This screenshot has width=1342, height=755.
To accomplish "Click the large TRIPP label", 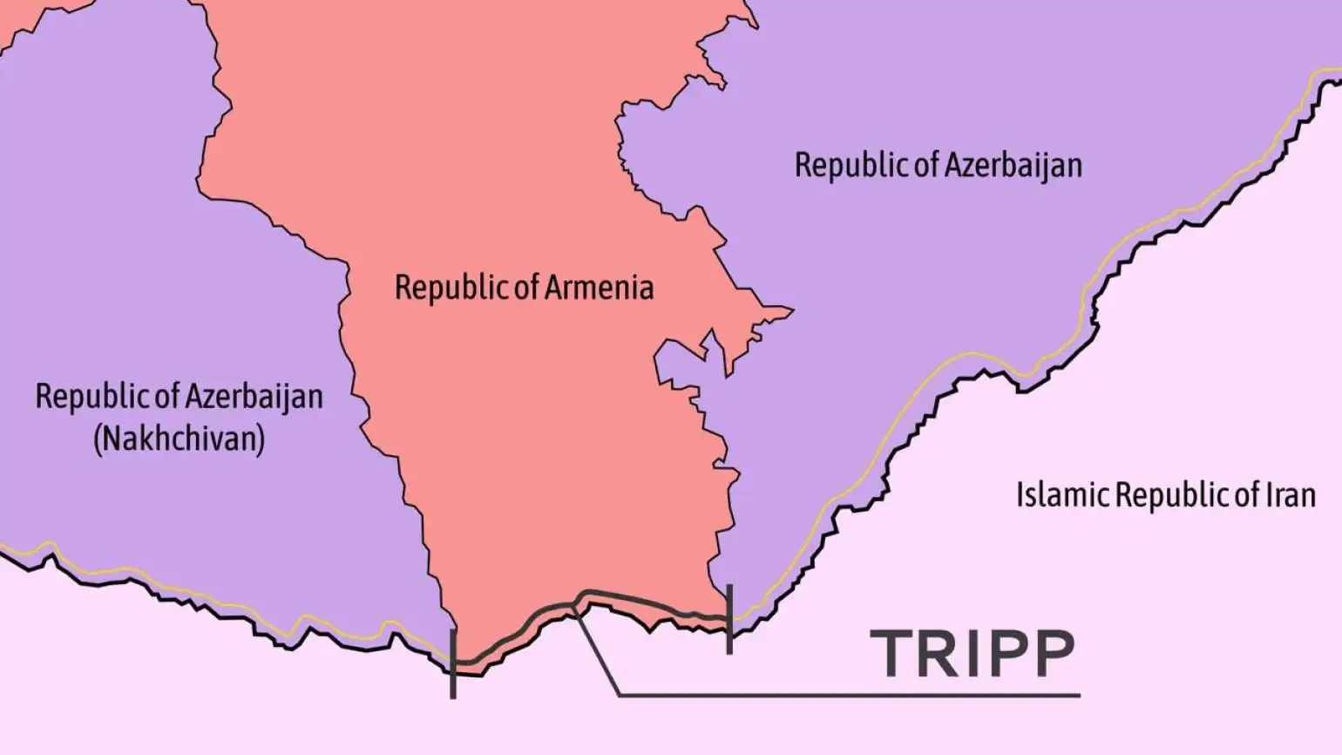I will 972,653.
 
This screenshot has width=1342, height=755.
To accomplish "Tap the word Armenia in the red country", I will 600,288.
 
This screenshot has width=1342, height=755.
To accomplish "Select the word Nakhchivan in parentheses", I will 179,438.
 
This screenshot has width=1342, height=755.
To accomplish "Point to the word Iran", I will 1290,495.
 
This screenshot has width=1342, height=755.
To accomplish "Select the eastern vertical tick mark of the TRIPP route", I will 729,619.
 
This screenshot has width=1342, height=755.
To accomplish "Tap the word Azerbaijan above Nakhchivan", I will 253,397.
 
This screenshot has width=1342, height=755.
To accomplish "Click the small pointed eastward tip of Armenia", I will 788,309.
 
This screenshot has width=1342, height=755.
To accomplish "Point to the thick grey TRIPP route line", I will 645,602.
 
